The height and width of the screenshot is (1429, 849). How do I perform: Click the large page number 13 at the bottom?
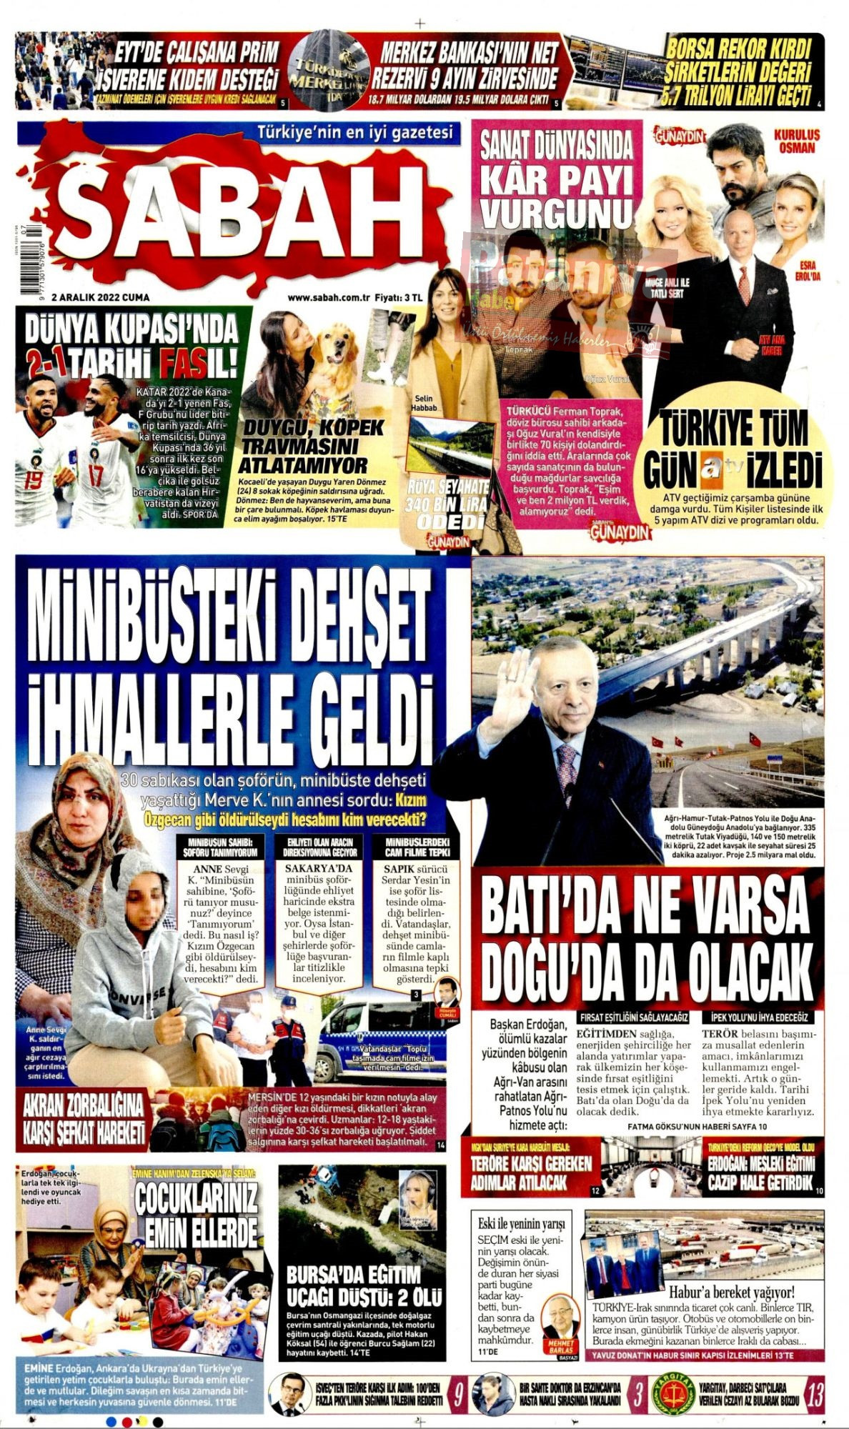[813, 1394]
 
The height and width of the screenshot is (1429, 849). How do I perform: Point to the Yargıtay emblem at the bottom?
[672, 1394]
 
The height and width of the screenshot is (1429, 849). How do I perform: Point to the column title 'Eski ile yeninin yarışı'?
[521, 1223]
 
